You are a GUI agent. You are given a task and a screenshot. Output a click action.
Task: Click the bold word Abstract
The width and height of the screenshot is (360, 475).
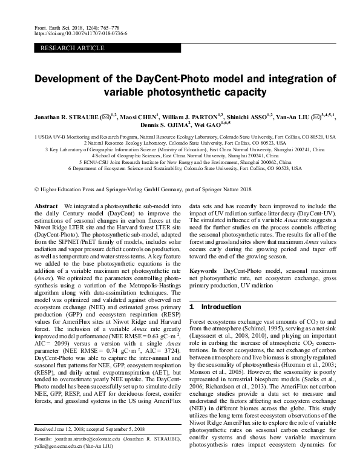click(46, 206)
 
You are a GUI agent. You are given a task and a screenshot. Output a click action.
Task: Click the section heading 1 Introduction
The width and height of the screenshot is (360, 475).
click(211, 307)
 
